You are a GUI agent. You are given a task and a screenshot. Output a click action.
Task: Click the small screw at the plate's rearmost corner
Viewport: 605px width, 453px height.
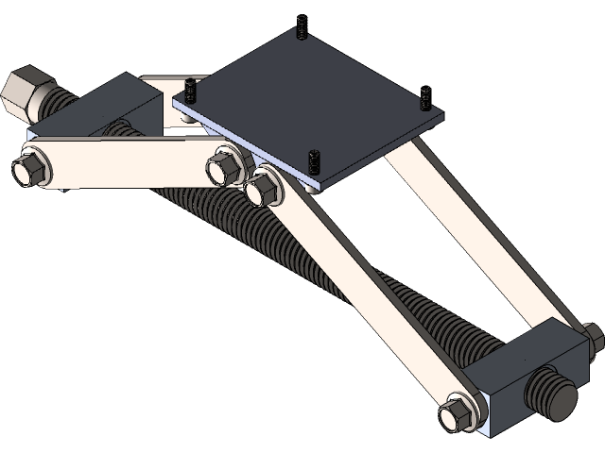pyautogui.click(x=302, y=29)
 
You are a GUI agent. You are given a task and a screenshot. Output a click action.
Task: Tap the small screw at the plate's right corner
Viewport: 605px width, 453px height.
pyautogui.click(x=425, y=98)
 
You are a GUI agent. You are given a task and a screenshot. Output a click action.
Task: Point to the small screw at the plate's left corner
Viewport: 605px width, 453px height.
pyautogui.click(x=190, y=92)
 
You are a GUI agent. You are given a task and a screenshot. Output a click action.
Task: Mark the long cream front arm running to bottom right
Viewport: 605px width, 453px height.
pyautogui.click(x=359, y=293)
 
